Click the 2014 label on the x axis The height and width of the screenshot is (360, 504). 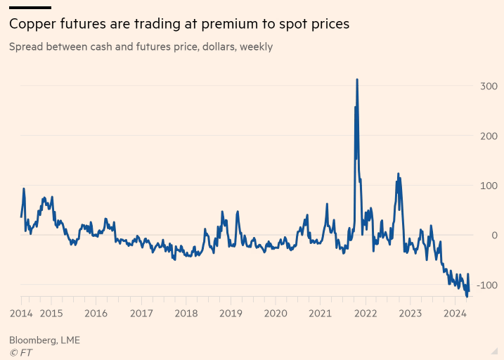(x=21, y=314)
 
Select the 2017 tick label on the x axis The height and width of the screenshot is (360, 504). (x=141, y=314)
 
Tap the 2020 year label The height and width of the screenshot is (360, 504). (x=275, y=314)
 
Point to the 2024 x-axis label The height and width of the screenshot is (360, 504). (x=455, y=314)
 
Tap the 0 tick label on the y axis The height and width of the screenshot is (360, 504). (x=494, y=235)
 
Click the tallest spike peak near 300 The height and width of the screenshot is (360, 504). (x=357, y=79)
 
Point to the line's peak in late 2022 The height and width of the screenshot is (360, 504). (x=398, y=173)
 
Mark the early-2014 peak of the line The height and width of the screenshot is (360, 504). (x=24, y=188)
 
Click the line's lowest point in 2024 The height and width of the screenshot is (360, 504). (x=467, y=297)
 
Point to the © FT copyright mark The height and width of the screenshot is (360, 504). (x=21, y=352)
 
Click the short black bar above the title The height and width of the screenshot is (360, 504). (x=30, y=8)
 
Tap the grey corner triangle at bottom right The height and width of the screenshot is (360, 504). (x=494, y=350)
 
